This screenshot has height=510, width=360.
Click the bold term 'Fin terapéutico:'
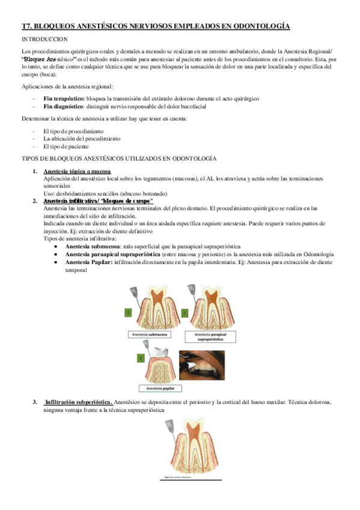64,97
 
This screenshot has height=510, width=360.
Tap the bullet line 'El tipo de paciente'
66,146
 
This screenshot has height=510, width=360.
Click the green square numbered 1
127,313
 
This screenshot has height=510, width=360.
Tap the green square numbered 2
185,313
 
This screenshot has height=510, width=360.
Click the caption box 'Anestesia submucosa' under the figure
150,334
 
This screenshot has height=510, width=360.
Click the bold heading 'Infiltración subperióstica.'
79,401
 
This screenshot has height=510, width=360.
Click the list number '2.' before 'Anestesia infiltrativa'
35,201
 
